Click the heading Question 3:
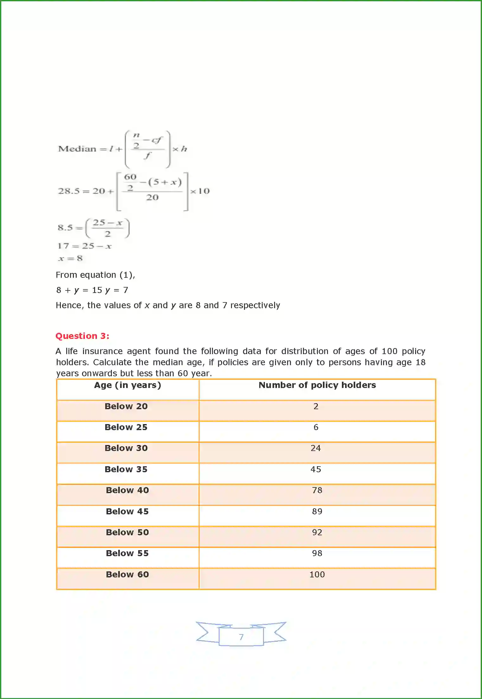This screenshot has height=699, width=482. (82, 336)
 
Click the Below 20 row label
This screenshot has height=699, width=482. (126, 406)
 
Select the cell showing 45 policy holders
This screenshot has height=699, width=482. (316, 469)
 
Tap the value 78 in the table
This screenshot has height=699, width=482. (317, 490)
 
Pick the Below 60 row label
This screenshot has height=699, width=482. (127, 575)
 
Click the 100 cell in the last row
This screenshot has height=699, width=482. (317, 575)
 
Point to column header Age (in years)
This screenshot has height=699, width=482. (128, 385)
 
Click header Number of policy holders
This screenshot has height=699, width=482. (317, 385)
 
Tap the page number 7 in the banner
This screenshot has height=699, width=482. (241, 637)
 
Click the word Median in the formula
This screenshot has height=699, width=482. (77, 149)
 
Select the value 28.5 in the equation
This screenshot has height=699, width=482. (68, 191)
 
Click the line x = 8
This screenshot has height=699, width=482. (70, 258)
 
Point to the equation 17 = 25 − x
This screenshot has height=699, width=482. (84, 246)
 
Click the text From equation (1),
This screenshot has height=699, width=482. (95, 275)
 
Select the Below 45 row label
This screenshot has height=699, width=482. (127, 512)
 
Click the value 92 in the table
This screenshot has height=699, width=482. (317, 532)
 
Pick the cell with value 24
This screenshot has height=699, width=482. (316, 448)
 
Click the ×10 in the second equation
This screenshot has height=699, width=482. (200, 191)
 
